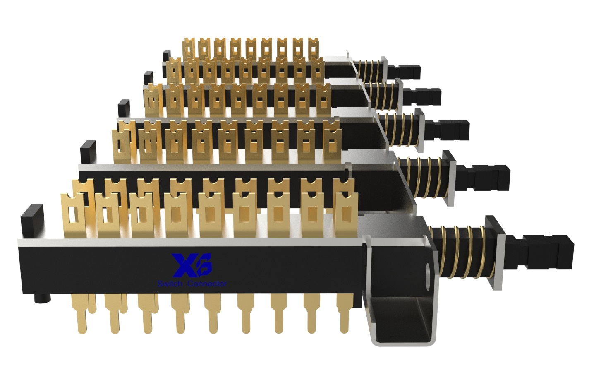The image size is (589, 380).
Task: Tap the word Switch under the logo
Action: point(169,284)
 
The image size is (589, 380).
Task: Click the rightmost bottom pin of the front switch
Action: point(344,319)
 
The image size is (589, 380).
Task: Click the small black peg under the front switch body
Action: point(41,298)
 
